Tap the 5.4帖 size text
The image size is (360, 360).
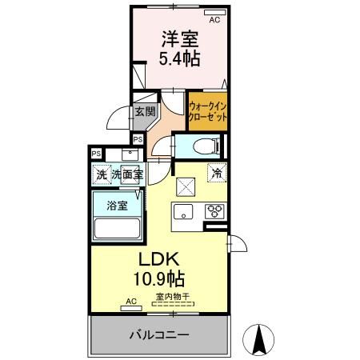(x=180, y=58)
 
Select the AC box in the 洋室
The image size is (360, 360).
(x=213, y=14)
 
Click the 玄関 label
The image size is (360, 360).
(x=144, y=112)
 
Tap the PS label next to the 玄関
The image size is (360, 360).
(x=138, y=139)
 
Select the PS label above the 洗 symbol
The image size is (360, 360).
(x=96, y=154)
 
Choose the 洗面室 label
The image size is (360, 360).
(x=127, y=174)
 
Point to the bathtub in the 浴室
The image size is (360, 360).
(x=118, y=229)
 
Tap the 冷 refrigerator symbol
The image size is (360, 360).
(x=217, y=171)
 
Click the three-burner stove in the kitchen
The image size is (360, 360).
(x=214, y=212)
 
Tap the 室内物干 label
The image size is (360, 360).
(x=172, y=297)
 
